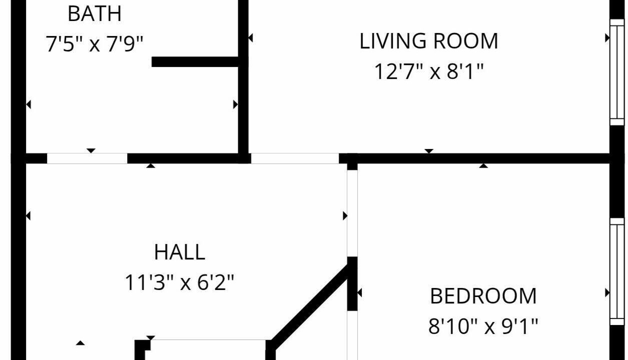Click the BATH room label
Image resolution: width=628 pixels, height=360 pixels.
[x=95, y=13]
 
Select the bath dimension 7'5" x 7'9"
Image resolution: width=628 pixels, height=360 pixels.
[x=95, y=43]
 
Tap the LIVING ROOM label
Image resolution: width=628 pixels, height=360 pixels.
[x=429, y=41]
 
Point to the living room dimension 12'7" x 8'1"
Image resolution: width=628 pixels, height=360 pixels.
[x=429, y=71]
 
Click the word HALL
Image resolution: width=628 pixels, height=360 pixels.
[x=180, y=252]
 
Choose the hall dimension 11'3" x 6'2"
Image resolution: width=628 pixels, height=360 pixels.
[x=179, y=282]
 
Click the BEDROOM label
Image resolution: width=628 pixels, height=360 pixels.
[x=483, y=296]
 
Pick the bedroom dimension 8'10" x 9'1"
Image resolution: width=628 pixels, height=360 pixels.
[x=483, y=326]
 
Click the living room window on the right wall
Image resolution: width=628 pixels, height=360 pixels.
[x=617, y=72]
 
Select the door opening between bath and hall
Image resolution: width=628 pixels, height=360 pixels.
[x=87, y=158]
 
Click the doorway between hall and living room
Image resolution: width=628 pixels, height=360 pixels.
[x=295, y=158]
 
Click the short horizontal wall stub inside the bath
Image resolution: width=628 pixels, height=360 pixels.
[x=195, y=62]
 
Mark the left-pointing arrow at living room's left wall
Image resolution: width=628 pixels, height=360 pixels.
[x=251, y=38]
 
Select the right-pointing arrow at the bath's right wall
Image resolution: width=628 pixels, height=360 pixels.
[x=236, y=104]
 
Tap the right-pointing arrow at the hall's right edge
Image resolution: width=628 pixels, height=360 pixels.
[x=345, y=215]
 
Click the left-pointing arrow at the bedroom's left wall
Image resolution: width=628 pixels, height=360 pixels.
[x=359, y=293]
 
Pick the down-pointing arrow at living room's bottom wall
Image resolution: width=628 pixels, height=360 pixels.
[x=429, y=151]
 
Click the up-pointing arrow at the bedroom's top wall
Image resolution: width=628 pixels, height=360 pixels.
[x=483, y=165]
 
